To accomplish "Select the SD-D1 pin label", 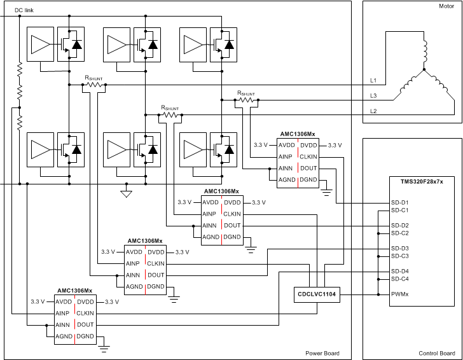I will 400,203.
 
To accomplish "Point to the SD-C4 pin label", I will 400,279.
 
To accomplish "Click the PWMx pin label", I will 400,294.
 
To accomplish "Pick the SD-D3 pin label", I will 400,248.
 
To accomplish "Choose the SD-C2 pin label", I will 400,233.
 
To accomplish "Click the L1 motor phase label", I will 373,81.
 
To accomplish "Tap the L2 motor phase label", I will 373,111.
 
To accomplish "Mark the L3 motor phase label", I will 373,96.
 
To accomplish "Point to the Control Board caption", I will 436,353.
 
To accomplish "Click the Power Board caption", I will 323,353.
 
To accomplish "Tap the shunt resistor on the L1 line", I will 93,85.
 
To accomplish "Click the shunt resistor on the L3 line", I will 246,100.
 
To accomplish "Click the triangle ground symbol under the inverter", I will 126,193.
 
